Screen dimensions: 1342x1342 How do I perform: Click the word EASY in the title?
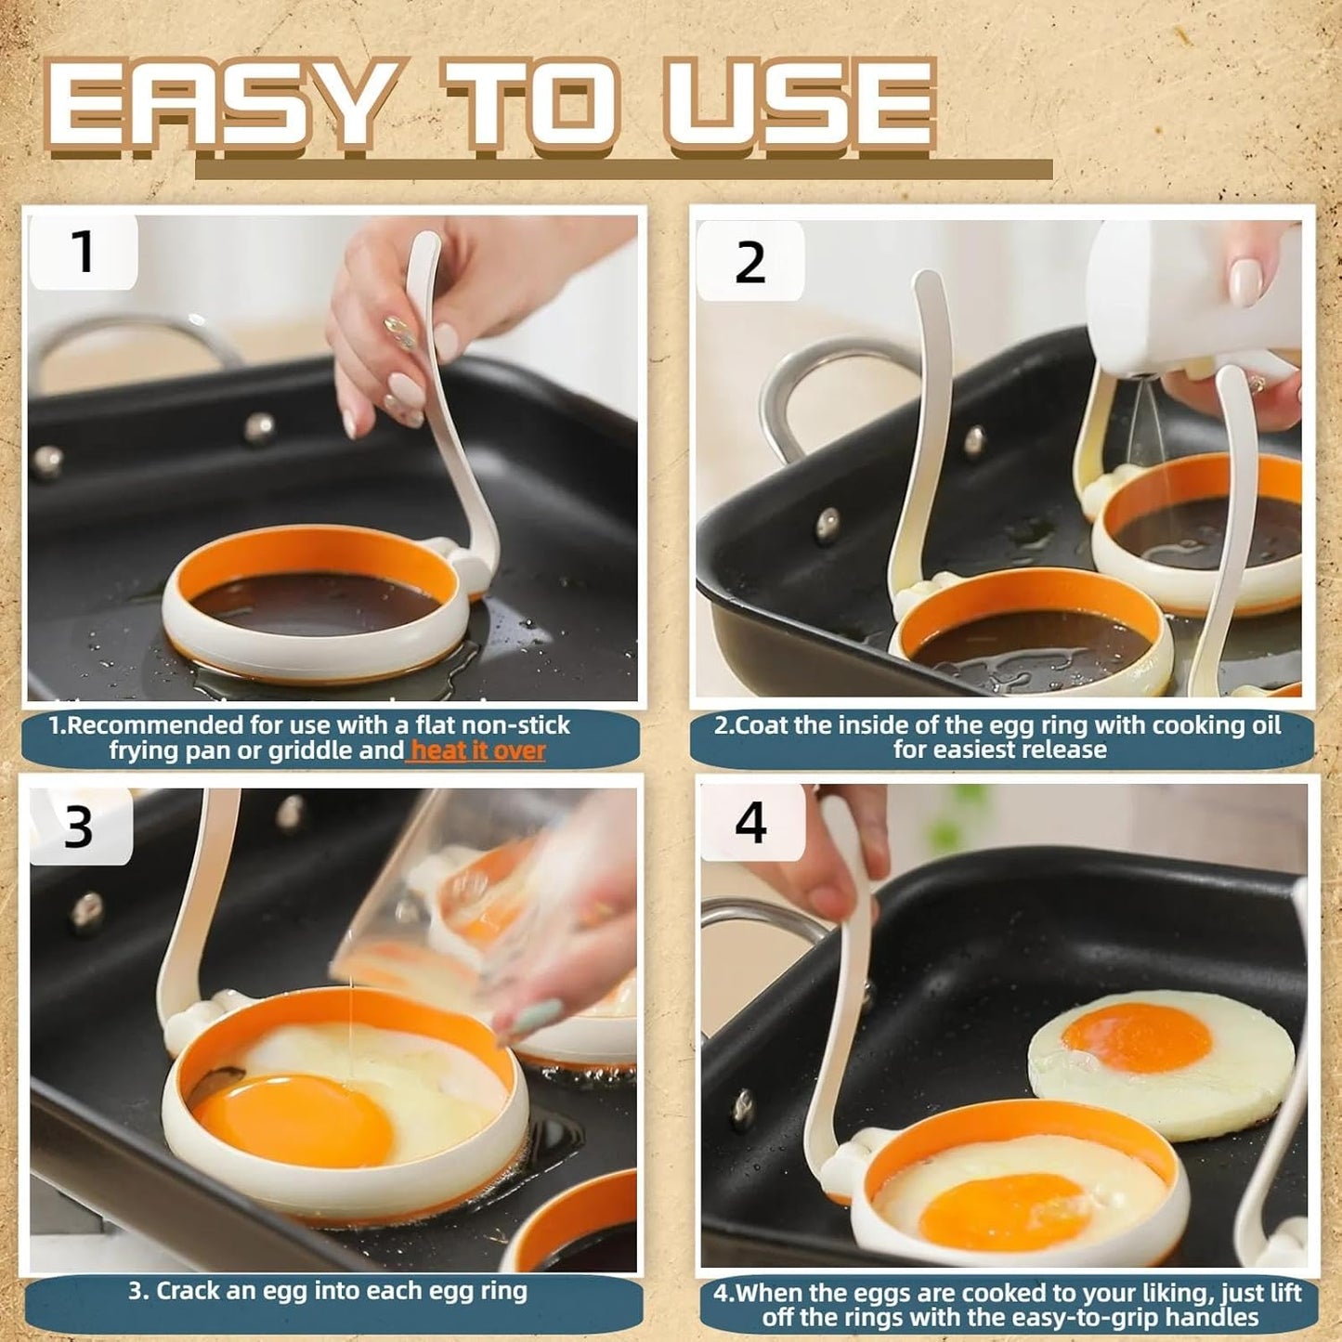coord(218,104)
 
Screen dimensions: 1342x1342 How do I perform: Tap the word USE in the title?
coord(799,104)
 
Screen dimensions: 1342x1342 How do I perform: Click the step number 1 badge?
coord(84,252)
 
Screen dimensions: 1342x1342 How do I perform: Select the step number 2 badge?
coord(749,263)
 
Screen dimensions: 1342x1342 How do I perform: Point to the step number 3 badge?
coord(80,826)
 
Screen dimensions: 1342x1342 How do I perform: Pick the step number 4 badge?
coord(751,823)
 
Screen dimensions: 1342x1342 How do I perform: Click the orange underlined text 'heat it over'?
coord(477,750)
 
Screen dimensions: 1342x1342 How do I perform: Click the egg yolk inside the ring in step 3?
coord(293,1119)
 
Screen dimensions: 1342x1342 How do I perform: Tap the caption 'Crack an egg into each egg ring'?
coord(328,1291)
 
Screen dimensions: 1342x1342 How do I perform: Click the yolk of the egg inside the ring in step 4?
coord(1003,1211)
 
